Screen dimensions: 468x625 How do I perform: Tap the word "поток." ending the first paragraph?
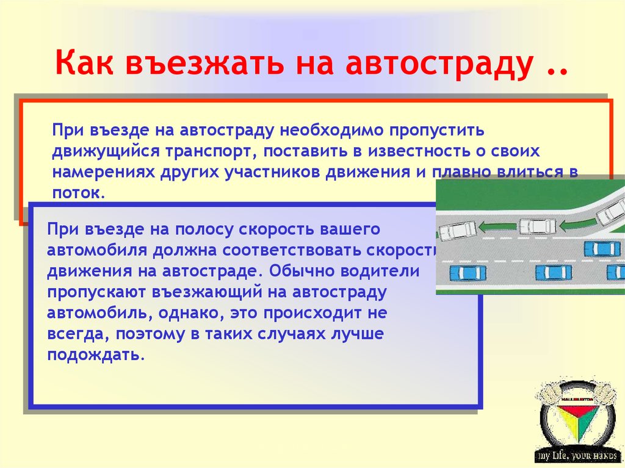79,193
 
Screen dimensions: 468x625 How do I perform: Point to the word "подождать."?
96,355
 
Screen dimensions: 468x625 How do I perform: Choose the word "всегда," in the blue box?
76,334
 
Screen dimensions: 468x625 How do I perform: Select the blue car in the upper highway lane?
602,248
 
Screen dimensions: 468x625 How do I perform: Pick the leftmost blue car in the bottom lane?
466,272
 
